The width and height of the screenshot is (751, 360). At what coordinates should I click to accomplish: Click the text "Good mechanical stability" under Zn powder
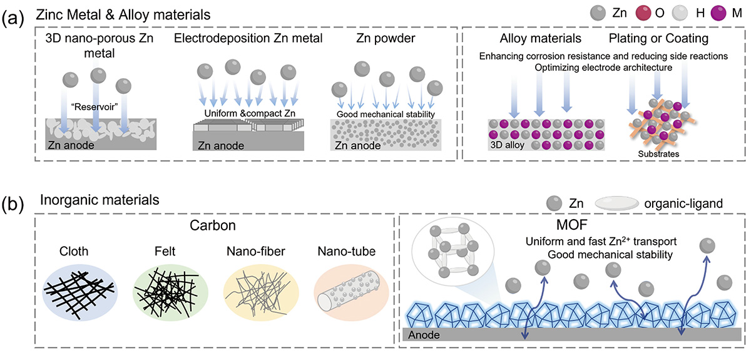coord(376,115)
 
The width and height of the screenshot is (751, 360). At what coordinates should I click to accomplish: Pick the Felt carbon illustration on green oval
coord(165,288)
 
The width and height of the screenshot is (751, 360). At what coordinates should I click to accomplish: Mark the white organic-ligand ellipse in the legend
coord(613,204)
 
